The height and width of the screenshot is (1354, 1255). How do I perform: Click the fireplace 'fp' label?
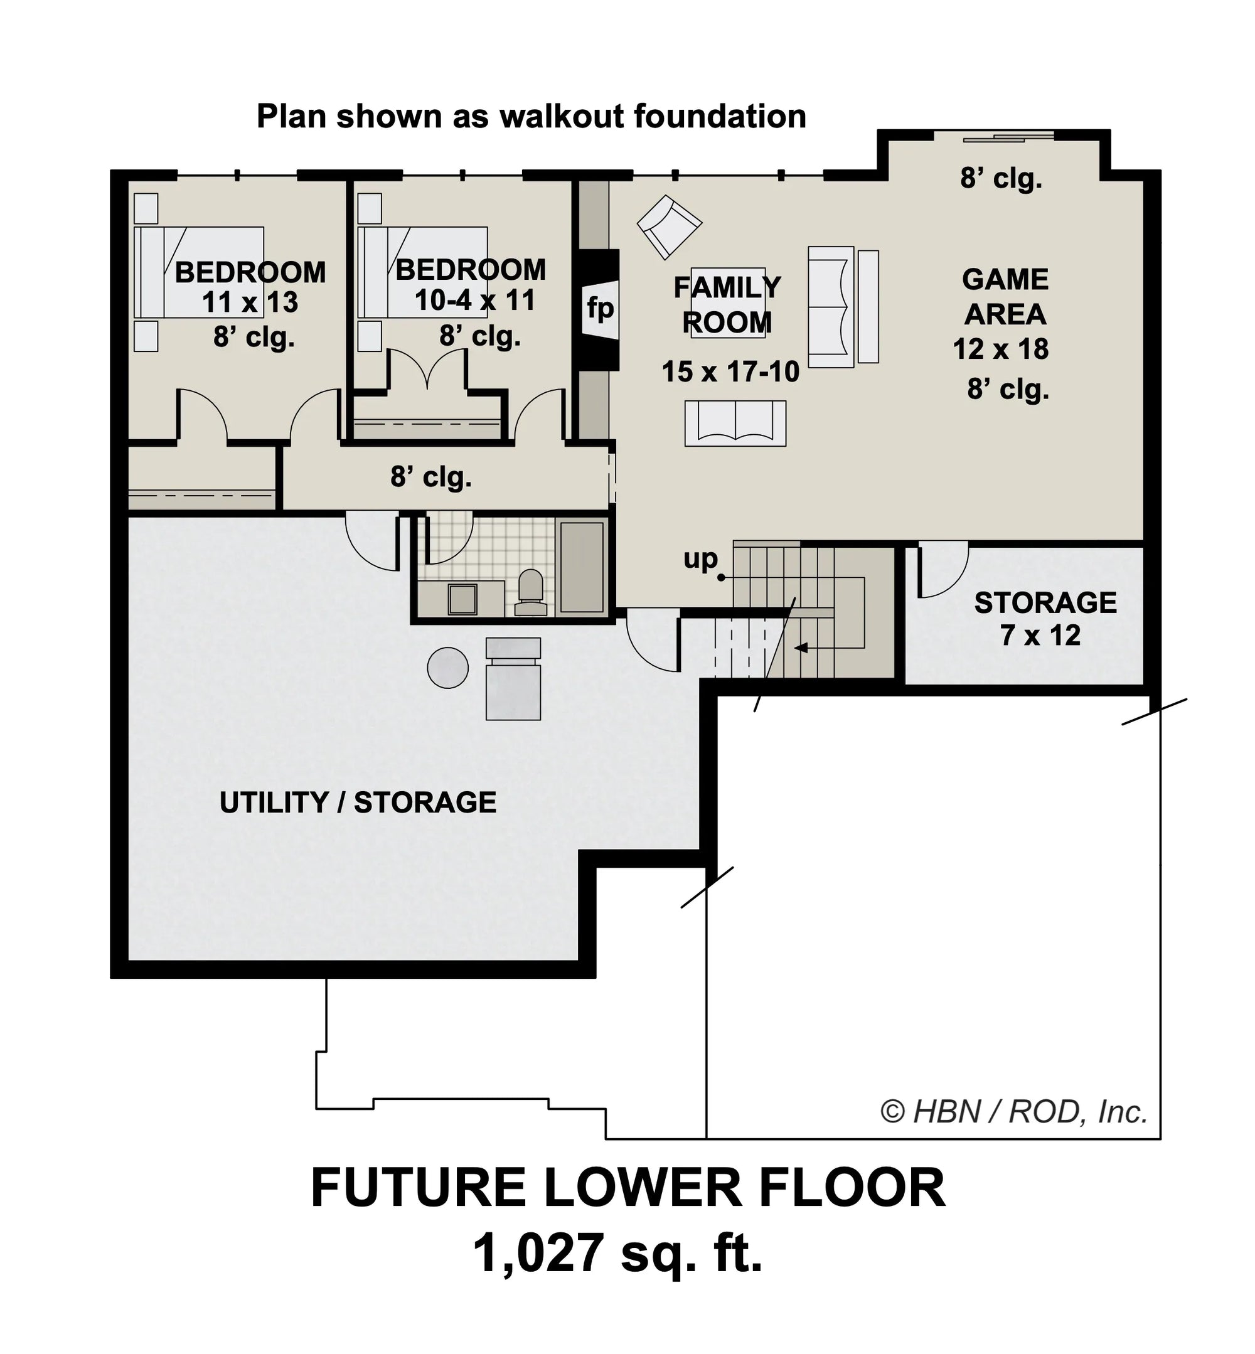pyautogui.click(x=601, y=309)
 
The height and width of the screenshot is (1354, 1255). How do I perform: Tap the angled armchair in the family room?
pyautogui.click(x=669, y=227)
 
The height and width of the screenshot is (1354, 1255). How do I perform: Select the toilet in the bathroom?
pyautogui.click(x=531, y=592)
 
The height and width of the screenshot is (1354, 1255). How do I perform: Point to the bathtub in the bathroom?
pyautogui.click(x=582, y=567)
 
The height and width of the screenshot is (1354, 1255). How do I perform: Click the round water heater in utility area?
pyautogui.click(x=447, y=668)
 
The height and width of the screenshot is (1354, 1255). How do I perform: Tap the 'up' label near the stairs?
pyautogui.click(x=701, y=559)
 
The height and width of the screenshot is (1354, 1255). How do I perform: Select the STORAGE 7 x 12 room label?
pyautogui.click(x=1045, y=619)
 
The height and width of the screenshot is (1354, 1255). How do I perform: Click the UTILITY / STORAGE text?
pyautogui.click(x=358, y=802)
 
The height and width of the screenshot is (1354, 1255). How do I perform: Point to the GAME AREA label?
pyautogui.click(x=1005, y=297)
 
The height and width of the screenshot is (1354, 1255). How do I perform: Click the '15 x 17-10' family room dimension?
pyautogui.click(x=731, y=372)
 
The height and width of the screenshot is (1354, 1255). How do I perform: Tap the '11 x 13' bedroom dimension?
pyautogui.click(x=250, y=303)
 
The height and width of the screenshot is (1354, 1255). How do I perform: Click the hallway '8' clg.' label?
pyautogui.click(x=431, y=477)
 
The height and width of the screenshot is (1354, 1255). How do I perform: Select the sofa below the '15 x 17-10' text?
pyautogui.click(x=735, y=424)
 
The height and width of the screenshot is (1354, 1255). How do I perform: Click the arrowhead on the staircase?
pyautogui.click(x=801, y=648)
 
